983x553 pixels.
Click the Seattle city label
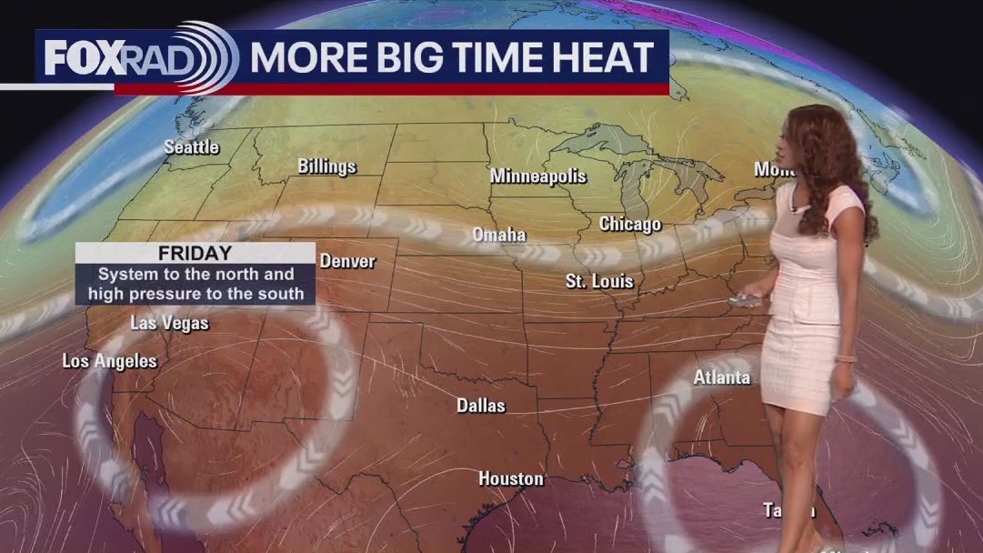point(192,146)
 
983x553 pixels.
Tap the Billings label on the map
point(327,166)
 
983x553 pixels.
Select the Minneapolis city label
point(538,176)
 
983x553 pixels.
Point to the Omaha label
point(499,235)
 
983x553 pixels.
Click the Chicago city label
point(630,224)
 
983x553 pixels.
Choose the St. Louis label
point(599,281)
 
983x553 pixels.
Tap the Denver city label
point(347,261)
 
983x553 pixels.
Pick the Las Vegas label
point(169,323)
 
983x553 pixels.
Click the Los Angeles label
point(109,361)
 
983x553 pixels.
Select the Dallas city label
point(481,406)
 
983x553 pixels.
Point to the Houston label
point(511,478)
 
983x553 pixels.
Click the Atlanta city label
point(721,377)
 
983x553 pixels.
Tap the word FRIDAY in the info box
point(195,254)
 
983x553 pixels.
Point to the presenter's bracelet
point(845,358)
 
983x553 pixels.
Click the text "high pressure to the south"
point(196,294)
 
